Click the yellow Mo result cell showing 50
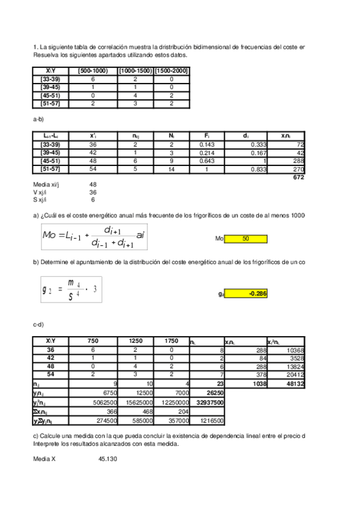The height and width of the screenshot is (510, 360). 245,239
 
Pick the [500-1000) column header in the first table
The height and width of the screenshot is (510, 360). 93,71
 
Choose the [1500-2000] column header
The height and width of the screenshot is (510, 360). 171,71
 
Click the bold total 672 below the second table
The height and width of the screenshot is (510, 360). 298,177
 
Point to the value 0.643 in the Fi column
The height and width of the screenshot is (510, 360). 211,161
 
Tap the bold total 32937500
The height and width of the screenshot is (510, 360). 210,402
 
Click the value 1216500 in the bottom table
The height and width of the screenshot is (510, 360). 212,420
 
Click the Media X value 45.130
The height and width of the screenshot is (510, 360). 108,459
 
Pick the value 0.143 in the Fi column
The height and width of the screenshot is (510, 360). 211,144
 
